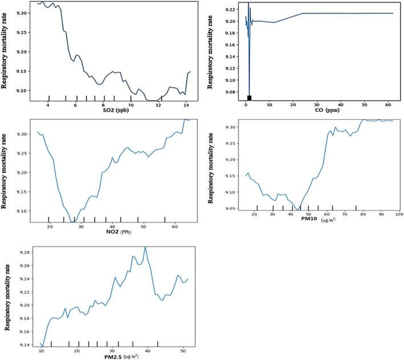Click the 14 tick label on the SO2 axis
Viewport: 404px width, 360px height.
coord(185,105)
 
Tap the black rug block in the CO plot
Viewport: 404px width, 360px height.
coord(249,98)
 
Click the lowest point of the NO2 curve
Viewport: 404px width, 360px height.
coord(72,221)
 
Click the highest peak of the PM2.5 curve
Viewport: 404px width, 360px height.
coord(146,247)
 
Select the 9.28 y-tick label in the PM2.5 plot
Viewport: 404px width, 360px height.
coord(22,252)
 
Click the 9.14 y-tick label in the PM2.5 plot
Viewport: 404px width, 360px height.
coord(22,345)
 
